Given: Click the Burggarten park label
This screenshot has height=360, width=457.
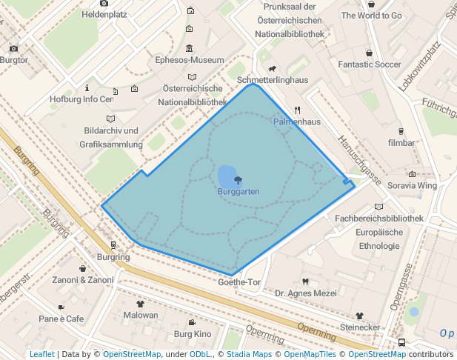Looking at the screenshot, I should pyautogui.click(x=238, y=191).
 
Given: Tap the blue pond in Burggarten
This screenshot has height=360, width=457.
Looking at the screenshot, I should pyautogui.click(x=226, y=177).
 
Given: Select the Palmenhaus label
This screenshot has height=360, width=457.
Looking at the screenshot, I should pyautogui.click(x=296, y=121).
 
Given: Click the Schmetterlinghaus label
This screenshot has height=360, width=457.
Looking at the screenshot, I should pyautogui.click(x=273, y=79).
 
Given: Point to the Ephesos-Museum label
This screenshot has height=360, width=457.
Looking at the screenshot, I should pyautogui.click(x=190, y=60).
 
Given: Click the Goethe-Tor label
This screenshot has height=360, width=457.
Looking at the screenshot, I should pyautogui.click(x=240, y=282).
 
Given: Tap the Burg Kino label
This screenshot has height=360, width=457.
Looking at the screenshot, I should pyautogui.click(x=193, y=334).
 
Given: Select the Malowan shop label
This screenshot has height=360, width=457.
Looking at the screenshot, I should pyautogui.click(x=141, y=315).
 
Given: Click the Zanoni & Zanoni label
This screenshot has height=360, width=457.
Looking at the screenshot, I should pyautogui.click(x=83, y=280).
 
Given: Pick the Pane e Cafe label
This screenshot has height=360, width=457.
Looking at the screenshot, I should pyautogui.click(x=61, y=319).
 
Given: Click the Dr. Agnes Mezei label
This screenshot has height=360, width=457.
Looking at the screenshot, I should pyautogui.click(x=305, y=293).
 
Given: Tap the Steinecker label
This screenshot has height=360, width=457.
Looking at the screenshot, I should pyautogui.click(x=360, y=327).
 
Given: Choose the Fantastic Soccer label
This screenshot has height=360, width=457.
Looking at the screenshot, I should pyautogui.click(x=369, y=64).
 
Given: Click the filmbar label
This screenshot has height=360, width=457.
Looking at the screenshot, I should pyautogui.click(x=401, y=141).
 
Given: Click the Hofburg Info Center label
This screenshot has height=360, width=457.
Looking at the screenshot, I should pyautogui.click(x=81, y=99).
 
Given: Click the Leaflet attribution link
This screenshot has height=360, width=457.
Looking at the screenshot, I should pyautogui.click(x=41, y=355).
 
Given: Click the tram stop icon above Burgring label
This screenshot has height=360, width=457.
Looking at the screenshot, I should pyautogui.click(x=113, y=244).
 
